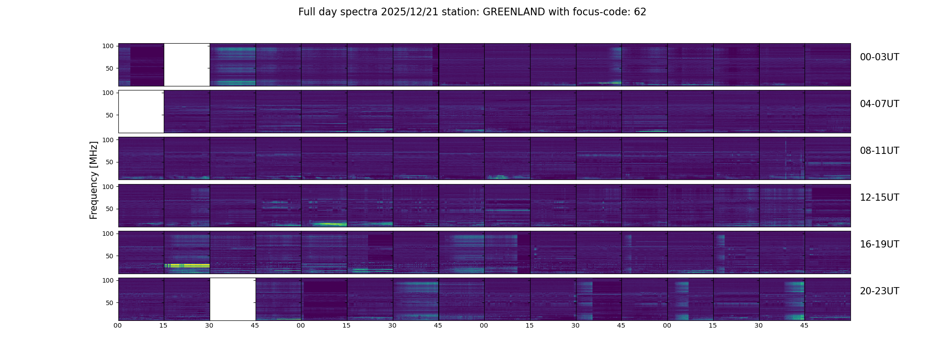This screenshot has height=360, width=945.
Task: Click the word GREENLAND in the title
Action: coord(513,12)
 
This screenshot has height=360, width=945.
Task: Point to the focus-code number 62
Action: coord(640,12)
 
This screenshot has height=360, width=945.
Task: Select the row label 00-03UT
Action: coord(879,57)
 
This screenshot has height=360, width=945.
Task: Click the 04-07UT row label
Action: coord(879,104)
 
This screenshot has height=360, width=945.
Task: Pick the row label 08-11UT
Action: coord(879,151)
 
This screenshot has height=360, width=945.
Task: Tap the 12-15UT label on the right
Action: coord(879,198)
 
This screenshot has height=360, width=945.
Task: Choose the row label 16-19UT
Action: coord(879,244)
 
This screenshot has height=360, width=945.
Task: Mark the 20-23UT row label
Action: coord(879,291)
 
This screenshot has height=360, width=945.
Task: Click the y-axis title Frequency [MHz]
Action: coord(94,180)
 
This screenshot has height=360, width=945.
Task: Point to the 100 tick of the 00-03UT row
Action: coord(108,46)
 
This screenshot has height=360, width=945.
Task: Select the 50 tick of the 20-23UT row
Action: coord(110,303)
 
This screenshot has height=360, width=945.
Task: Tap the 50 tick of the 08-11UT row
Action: coord(110,162)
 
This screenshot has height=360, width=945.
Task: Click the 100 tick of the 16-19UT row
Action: coord(108,234)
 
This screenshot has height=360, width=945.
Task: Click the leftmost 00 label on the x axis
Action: coord(118,325)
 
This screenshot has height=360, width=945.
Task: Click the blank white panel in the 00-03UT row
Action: coord(187,65)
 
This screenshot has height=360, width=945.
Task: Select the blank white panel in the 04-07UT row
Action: coord(141,112)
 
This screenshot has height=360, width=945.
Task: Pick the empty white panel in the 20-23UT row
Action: coord(233,299)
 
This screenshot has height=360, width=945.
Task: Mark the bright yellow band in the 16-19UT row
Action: coord(187,265)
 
